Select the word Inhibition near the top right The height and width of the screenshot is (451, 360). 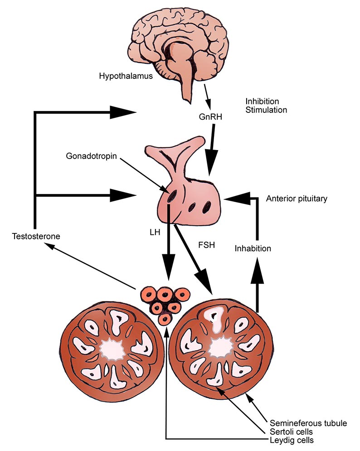pos(262,101)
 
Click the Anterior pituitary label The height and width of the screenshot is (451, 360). pos(297,199)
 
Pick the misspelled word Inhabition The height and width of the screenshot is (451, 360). pos(253,248)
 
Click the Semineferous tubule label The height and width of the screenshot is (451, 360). pos(308,423)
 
